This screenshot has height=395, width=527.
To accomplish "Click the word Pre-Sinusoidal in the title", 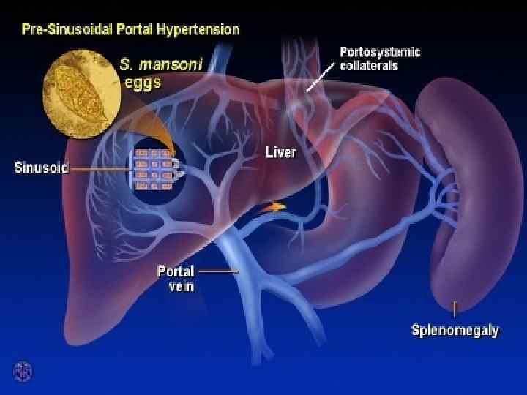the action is (x=61, y=30).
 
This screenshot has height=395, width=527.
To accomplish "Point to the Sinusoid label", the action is (x=41, y=168).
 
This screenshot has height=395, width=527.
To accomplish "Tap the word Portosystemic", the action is (x=380, y=52).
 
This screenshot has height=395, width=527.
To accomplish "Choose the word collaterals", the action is (x=369, y=66).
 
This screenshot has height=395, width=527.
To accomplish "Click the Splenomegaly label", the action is (x=455, y=331).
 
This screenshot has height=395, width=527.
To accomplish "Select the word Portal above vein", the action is (x=176, y=271).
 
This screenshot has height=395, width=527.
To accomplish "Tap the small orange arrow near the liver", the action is (x=274, y=207).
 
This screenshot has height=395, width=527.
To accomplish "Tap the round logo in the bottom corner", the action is (x=23, y=371).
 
